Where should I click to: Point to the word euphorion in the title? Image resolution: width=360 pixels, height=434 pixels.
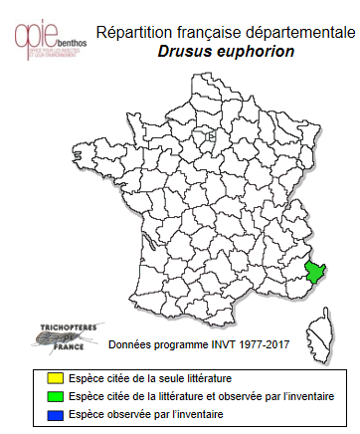257,51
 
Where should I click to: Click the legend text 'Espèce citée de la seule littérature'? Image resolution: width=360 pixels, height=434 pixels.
133,378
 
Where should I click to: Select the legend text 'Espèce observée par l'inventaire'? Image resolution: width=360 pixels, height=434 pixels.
128,413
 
